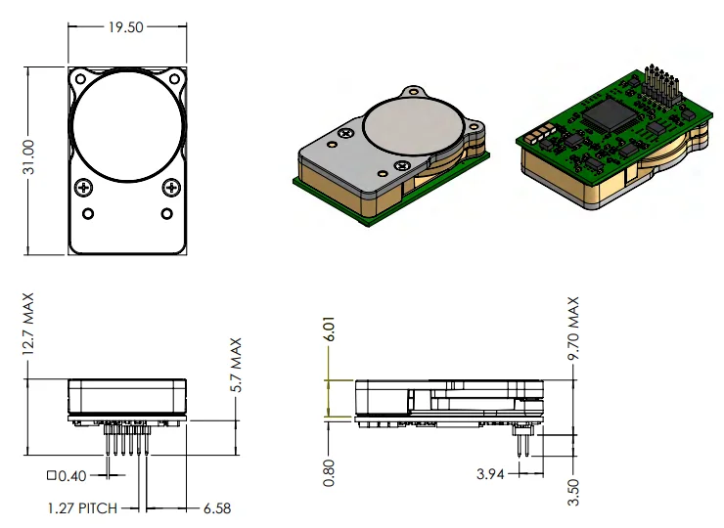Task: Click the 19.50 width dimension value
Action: (126, 27)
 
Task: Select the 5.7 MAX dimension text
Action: (235, 366)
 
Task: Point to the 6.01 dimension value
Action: (332, 330)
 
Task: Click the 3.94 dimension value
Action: (491, 474)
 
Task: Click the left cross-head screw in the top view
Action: (84, 187)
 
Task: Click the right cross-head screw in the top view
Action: (171, 187)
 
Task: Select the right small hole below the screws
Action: (167, 213)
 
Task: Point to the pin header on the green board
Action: (661, 87)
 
